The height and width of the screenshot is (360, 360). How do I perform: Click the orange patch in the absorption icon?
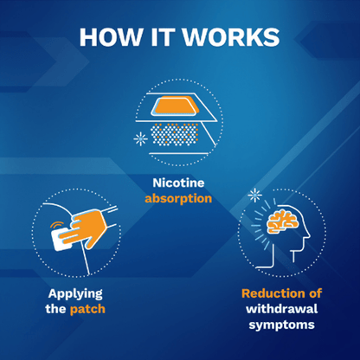point(180,106)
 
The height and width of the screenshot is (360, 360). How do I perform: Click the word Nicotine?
point(180,183)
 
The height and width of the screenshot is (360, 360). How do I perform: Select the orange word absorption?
point(180,198)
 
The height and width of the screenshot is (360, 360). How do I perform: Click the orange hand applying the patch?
point(87,228)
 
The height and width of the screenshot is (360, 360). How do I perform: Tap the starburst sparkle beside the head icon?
point(254,194)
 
